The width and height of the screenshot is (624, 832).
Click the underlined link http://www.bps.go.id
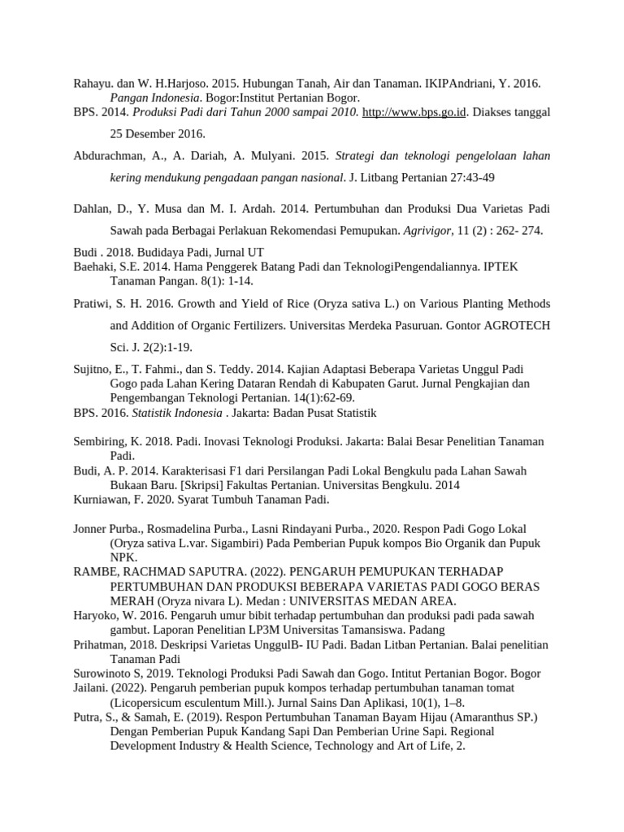(414, 112)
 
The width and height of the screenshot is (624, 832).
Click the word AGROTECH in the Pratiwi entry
(517, 325)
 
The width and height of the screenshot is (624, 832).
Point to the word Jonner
(92, 528)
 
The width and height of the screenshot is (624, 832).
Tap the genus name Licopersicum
(149, 703)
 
